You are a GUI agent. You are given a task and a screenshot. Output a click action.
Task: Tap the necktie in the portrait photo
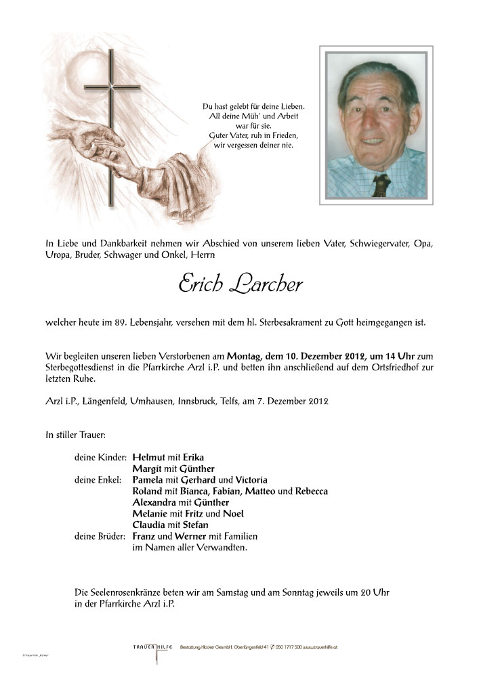(380, 183)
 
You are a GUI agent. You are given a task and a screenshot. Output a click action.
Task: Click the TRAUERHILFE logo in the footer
(151, 648)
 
